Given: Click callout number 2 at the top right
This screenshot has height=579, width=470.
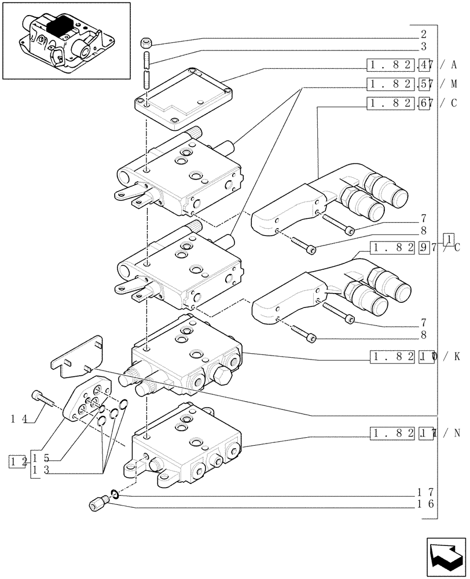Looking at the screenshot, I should click(423, 34).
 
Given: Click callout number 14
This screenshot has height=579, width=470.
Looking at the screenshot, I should click(18, 417).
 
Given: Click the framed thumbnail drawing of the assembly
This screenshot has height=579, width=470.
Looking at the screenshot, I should click(66, 41).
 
